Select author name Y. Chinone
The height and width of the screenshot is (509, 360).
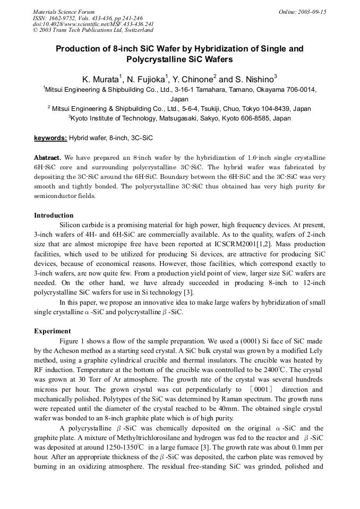[x=192, y=79]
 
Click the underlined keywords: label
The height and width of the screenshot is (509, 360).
[x=50, y=138]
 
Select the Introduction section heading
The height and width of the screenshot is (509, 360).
[x=54, y=215]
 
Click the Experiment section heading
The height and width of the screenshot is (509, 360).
[x=53, y=331]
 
